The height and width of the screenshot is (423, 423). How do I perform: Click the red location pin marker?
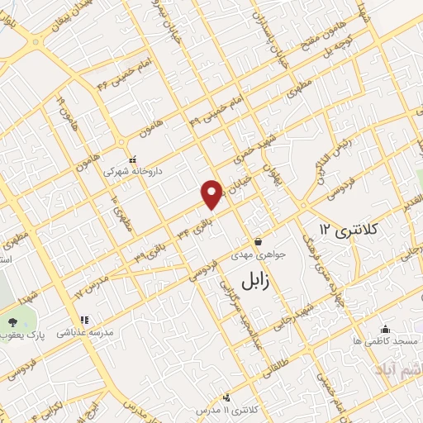(212, 193)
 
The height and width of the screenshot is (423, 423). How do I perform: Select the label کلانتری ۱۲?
(349, 228)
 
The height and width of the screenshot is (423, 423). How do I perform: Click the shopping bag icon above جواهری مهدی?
(259, 242)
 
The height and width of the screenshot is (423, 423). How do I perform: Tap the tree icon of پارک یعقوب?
(13, 321)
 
